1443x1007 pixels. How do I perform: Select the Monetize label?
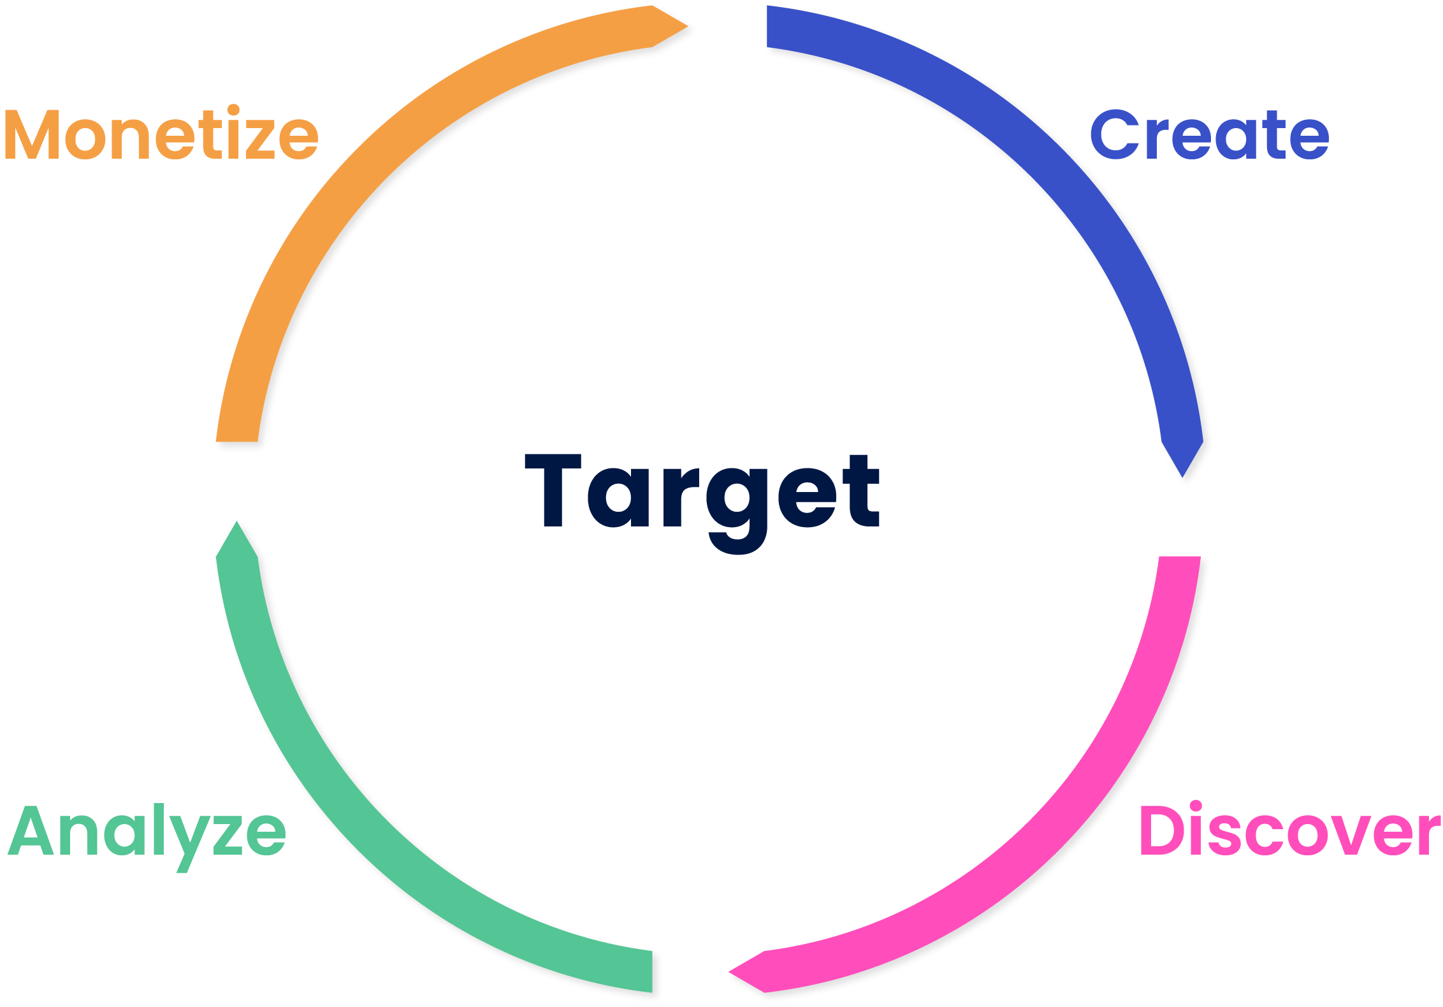point(161,134)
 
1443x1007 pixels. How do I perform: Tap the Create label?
point(1209,134)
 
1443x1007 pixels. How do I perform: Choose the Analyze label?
point(147,832)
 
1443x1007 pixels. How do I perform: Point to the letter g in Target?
point(737,510)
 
